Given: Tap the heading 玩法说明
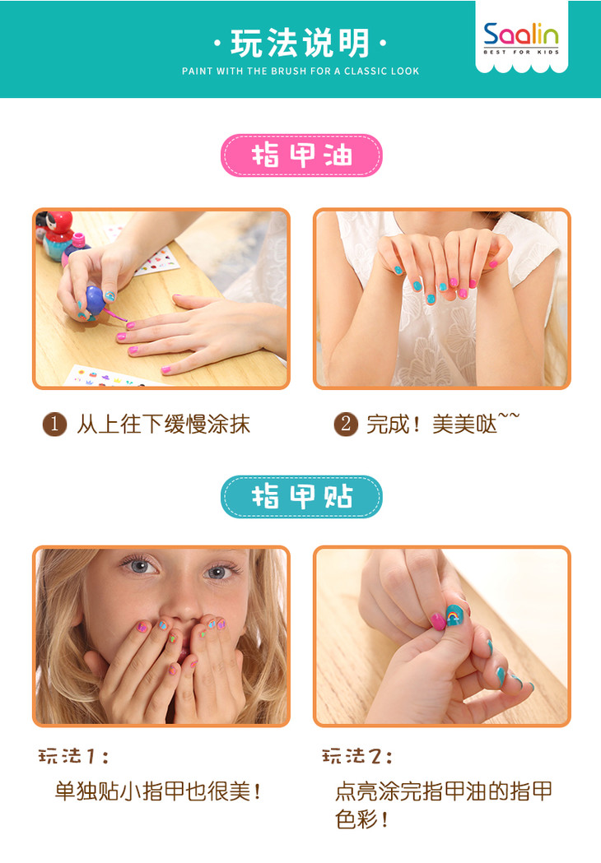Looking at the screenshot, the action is [x=300, y=44].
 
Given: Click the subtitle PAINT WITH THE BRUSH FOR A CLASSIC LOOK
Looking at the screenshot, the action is [x=300, y=71].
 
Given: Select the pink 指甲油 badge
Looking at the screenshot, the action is [x=301, y=155].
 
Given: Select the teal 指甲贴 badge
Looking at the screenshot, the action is [x=301, y=496].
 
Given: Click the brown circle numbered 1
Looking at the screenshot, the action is [x=54, y=425].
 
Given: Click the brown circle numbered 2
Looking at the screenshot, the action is [x=346, y=425].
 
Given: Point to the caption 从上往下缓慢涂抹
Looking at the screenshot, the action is [x=163, y=425].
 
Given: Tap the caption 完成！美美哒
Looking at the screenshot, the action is [x=443, y=424].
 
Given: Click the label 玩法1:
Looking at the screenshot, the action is [x=73, y=756].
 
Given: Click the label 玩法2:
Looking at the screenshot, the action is [x=357, y=756].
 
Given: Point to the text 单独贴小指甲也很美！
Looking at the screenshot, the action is [x=158, y=791].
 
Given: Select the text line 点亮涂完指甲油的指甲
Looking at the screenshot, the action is [x=444, y=791].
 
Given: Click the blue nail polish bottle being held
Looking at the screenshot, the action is [x=95, y=300].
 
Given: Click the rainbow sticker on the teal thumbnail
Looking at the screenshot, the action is [x=454, y=614].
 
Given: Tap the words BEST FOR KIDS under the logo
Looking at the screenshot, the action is [x=521, y=53].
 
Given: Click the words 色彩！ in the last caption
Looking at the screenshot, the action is [x=362, y=819].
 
